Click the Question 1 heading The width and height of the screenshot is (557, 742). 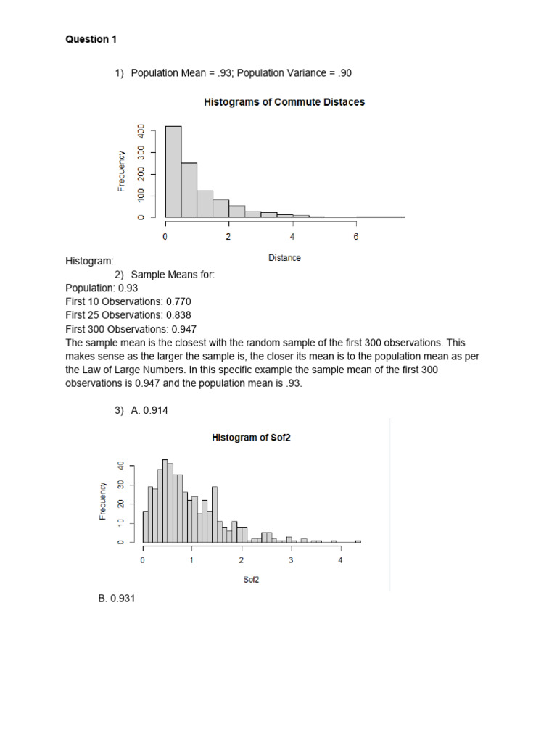(91, 40)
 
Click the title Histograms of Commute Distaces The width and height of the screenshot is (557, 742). (284, 102)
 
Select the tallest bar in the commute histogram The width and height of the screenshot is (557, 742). (173, 172)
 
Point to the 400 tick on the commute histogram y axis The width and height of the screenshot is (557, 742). (141, 131)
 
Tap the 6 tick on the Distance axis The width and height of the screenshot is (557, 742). (356, 237)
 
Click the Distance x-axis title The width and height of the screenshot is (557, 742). (284, 257)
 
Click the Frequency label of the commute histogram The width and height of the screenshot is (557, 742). (122, 171)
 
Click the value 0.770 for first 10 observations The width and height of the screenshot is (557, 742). (178, 301)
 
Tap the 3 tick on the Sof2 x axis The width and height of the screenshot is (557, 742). (291, 560)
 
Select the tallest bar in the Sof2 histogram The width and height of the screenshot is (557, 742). (165, 501)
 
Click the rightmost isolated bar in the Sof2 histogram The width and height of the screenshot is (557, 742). (358, 541)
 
